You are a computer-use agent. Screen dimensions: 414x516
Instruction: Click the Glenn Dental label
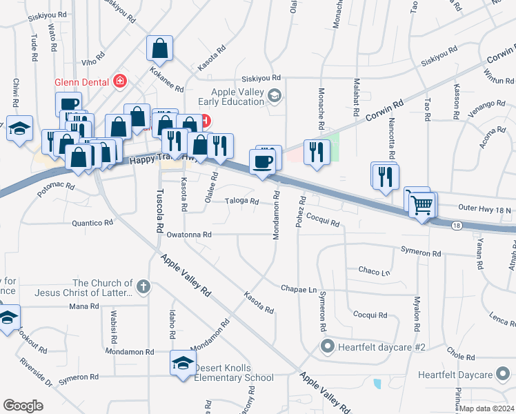(x=82, y=81)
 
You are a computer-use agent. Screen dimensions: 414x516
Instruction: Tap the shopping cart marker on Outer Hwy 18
(x=421, y=203)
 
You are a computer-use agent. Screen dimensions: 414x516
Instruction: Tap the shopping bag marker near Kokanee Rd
(x=159, y=49)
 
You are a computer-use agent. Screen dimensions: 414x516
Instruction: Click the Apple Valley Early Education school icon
(x=275, y=95)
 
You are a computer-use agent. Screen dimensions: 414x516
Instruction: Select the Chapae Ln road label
(x=298, y=288)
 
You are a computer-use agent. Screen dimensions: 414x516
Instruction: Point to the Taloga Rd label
(x=241, y=201)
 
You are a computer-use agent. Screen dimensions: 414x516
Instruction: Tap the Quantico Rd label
(x=92, y=223)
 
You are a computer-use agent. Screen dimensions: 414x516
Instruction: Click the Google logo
(x=23, y=406)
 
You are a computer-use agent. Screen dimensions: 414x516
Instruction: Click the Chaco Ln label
(x=374, y=272)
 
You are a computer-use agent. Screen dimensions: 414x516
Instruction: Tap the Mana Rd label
(x=84, y=306)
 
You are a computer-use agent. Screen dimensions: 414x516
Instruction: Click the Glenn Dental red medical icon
(x=120, y=81)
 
